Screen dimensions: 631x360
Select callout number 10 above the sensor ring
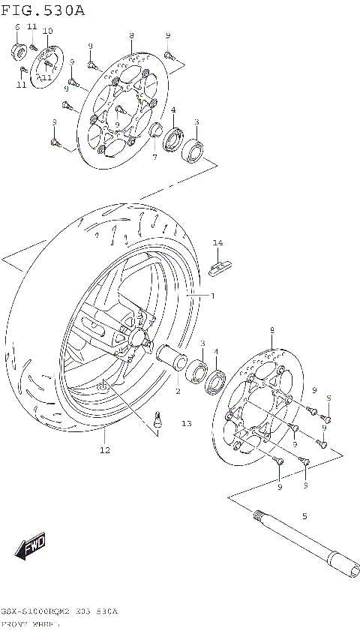[47, 31]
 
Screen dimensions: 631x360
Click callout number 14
[217, 242]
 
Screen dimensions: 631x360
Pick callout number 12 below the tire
[104, 450]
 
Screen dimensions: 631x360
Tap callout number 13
[186, 424]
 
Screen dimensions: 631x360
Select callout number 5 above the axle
[304, 516]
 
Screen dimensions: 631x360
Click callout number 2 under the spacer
[178, 391]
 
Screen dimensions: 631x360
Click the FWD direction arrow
[31, 546]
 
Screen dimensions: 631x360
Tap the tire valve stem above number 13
[158, 420]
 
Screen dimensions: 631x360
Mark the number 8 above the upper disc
[131, 36]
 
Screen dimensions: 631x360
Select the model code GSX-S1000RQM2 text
[37, 612]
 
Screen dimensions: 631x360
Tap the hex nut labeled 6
[17, 50]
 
